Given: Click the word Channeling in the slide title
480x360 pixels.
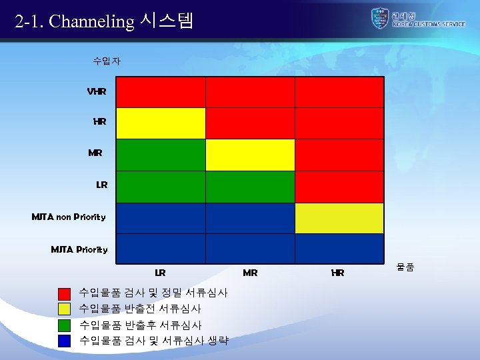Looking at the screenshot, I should (x=92, y=21).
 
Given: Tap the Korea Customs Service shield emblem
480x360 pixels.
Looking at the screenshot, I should (x=379, y=18).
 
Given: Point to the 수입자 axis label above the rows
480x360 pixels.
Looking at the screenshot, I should (x=107, y=61).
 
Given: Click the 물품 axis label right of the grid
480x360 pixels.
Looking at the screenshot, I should (x=405, y=267).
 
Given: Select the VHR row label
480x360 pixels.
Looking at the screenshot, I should (x=97, y=91).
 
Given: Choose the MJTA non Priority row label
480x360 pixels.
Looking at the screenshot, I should (x=69, y=217).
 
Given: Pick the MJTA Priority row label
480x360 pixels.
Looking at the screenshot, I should (x=79, y=249).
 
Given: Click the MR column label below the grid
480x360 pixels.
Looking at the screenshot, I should (x=250, y=273).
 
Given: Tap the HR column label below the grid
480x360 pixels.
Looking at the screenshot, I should (x=338, y=273).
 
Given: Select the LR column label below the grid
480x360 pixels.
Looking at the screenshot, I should (x=160, y=273).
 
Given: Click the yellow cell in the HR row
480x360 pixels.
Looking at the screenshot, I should (x=161, y=123).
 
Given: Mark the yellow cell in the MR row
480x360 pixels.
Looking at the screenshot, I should (x=250, y=155).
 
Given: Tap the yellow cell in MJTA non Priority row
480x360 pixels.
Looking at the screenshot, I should (x=339, y=218).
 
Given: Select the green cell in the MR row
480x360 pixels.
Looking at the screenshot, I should (x=161, y=155).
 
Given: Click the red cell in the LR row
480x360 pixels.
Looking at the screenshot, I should (x=339, y=187).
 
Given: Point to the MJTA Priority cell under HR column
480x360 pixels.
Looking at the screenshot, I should (x=339, y=249).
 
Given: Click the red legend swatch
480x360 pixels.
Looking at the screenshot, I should (x=64, y=293).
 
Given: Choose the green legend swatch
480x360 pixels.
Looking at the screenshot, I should (x=64, y=325).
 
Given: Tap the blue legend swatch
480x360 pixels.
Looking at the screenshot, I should (x=64, y=341).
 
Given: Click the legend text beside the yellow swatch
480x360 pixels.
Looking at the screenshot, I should (x=140, y=309).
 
